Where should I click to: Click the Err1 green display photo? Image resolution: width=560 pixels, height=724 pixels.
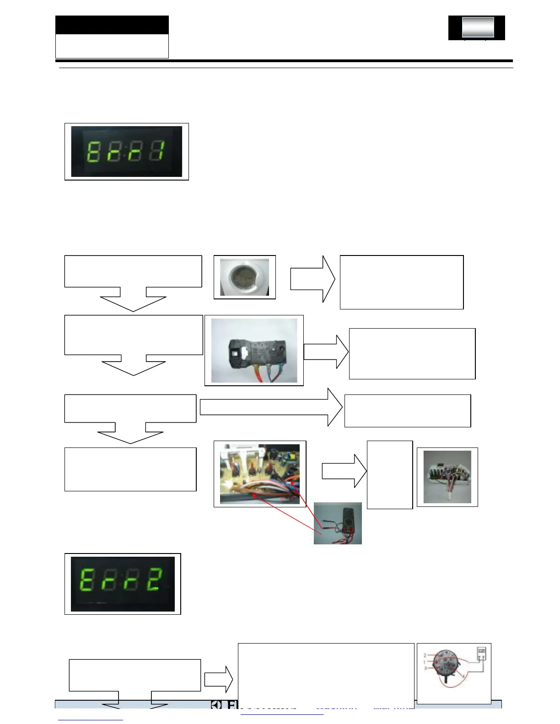pyautogui.click(x=126, y=152)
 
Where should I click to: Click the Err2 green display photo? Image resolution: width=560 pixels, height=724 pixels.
pyautogui.click(x=123, y=584)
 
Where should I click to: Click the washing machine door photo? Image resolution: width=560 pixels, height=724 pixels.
pyautogui.click(x=244, y=277)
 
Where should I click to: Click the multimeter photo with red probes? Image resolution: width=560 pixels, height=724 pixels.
pyautogui.click(x=338, y=523)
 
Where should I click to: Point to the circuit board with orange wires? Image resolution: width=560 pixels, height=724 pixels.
pyautogui.click(x=259, y=474)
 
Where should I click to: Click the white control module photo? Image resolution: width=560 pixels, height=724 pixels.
pyautogui.click(x=447, y=477)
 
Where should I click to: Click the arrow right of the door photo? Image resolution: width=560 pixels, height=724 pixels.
pyautogui.click(x=313, y=279)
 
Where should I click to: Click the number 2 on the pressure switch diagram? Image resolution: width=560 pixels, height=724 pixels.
pyautogui.click(x=425, y=655)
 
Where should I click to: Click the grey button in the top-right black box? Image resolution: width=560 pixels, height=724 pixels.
pyautogui.click(x=478, y=27)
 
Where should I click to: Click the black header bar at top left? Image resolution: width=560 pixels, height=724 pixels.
pyautogui.click(x=112, y=25)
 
